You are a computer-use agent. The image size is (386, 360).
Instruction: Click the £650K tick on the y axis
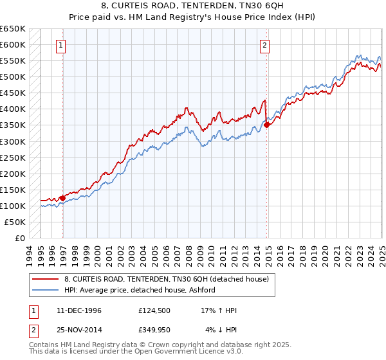pos(13,29)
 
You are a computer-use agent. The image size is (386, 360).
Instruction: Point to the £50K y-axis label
pos(15,222)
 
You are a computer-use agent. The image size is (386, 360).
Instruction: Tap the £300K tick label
pos(13,141)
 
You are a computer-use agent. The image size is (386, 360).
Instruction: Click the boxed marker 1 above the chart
pos(60,45)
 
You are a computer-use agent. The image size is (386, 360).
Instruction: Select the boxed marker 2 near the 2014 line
pos(265,45)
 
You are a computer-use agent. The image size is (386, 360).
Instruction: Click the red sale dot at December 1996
pos(62,198)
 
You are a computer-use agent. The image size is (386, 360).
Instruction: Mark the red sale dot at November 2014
pos(267,125)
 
